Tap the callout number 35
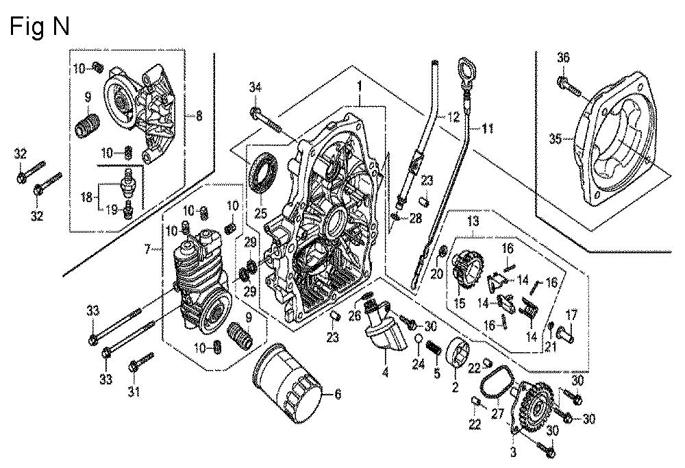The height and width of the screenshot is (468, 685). click(555, 138)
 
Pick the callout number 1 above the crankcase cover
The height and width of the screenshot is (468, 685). click(358, 86)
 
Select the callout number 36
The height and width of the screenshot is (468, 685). click(562, 58)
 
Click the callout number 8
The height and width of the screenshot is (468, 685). click(199, 116)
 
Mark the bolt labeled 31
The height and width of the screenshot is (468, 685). click(141, 361)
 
